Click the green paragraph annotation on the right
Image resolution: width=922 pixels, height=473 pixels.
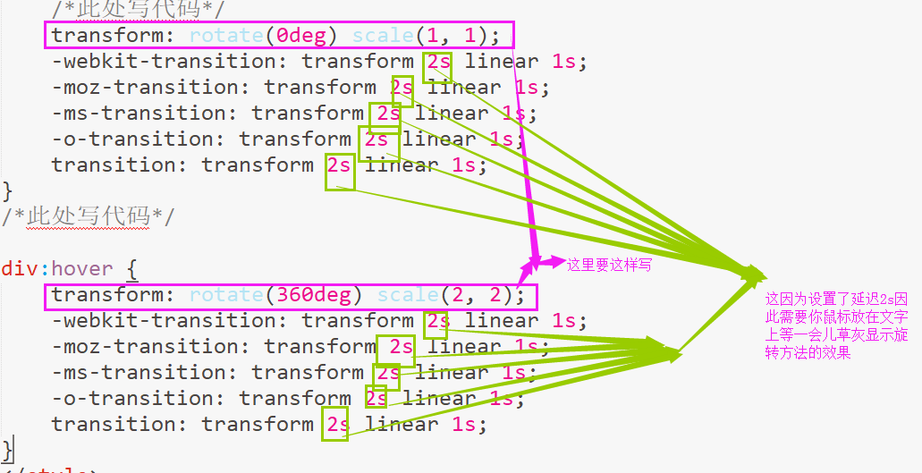coord(836,325)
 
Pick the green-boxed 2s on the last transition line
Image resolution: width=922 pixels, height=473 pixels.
coord(335,425)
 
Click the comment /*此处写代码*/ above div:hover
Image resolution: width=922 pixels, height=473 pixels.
coord(88,217)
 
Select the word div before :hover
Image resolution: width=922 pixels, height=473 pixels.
coord(20,269)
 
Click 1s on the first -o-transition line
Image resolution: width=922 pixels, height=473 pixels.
coord(501,139)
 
